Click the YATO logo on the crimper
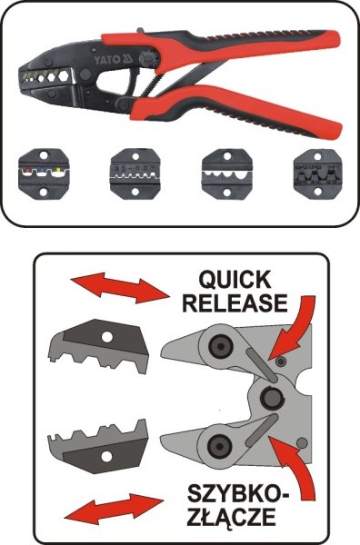click(x=114, y=59)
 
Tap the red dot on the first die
click(x=28, y=170)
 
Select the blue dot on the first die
click(x=43, y=170)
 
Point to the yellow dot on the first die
click(x=58, y=170)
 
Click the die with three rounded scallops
click(x=227, y=173)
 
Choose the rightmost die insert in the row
click(x=315, y=173)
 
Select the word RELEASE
click(x=235, y=302)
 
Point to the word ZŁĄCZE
click(x=231, y=517)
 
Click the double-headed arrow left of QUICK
click(x=120, y=288)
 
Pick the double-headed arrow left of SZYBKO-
click(x=114, y=509)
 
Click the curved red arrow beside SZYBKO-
click(x=295, y=466)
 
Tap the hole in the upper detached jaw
click(x=107, y=337)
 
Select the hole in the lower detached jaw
click(x=106, y=457)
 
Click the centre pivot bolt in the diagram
click(x=270, y=397)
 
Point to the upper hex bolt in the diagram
click(x=219, y=346)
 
